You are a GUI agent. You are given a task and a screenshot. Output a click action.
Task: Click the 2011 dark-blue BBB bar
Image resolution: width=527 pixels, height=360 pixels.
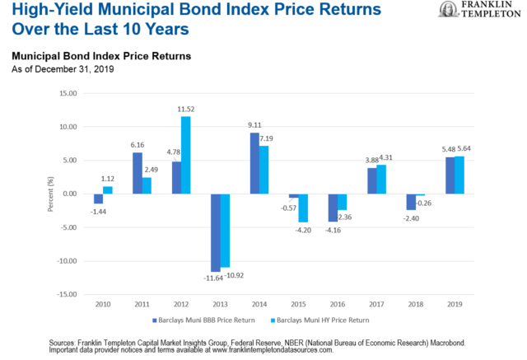tap(138, 173)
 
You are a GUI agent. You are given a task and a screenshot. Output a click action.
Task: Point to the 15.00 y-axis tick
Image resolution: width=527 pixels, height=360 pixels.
tap(68, 93)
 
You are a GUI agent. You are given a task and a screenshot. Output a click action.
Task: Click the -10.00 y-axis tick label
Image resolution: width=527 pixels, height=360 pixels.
tap(67, 261)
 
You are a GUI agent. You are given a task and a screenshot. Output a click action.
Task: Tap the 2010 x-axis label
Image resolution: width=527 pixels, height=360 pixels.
tap(103, 304)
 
